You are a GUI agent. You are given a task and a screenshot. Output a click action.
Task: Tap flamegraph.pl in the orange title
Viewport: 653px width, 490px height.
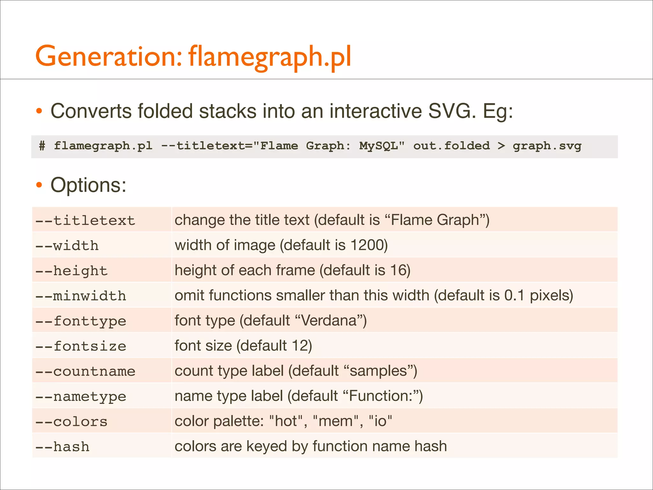(x=270, y=57)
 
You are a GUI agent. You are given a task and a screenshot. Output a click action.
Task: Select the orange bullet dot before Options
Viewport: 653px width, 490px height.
(x=39, y=185)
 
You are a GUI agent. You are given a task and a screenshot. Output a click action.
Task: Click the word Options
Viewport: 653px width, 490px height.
(x=88, y=185)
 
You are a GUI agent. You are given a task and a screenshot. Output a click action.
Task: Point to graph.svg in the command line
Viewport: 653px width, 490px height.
(x=547, y=146)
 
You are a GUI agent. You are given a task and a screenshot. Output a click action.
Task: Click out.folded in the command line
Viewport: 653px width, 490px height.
(x=451, y=146)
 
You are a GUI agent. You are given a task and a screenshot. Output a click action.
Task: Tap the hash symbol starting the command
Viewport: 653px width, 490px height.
(x=42, y=146)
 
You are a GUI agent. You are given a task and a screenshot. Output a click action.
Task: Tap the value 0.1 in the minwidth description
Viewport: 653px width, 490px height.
(x=514, y=295)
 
